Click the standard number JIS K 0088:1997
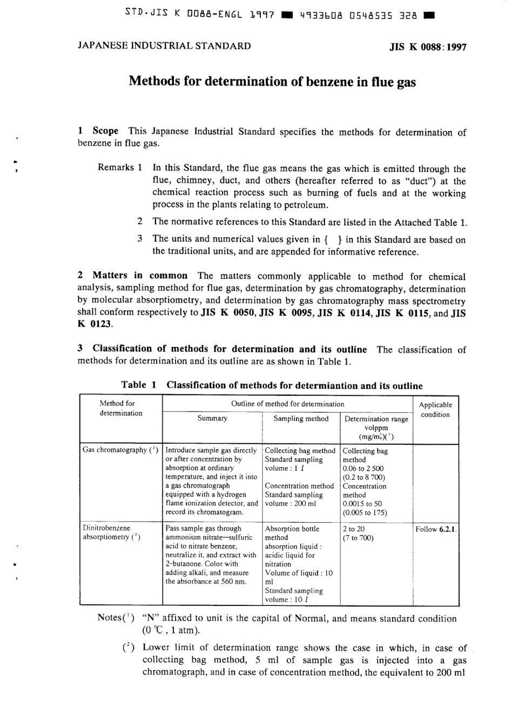coord(428,46)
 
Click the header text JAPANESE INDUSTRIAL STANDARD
coord(164,46)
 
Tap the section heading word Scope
coord(105,131)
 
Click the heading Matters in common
coord(140,276)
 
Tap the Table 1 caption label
coord(139,385)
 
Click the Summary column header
coord(212,418)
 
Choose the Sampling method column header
coord(301,418)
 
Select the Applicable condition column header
coord(435,410)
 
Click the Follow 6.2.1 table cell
coord(436,529)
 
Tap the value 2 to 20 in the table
coord(354,529)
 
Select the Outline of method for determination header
coord(287,404)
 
